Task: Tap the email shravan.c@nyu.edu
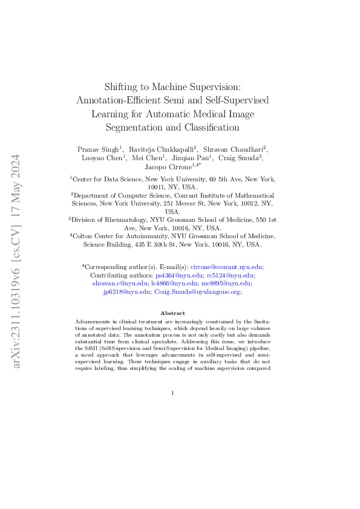[120, 283]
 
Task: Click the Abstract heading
[172, 313]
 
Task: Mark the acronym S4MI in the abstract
[89, 349]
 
